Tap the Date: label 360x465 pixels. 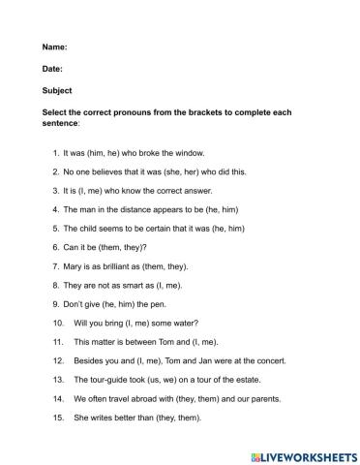(53, 70)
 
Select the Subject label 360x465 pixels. (57, 91)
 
